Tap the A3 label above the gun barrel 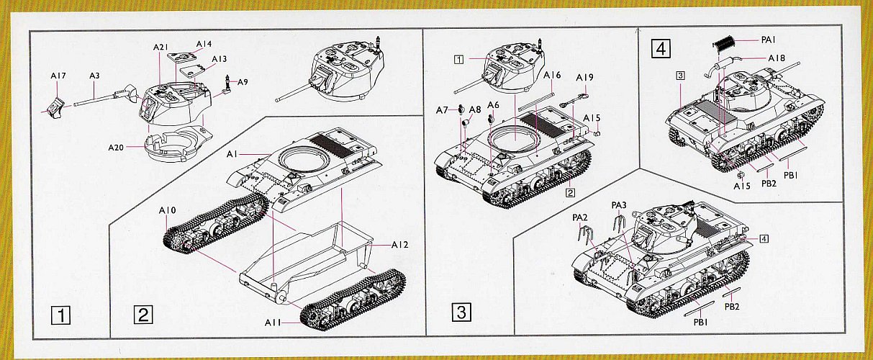point(94,75)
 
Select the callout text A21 point(160,48)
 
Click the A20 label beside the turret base point(116,148)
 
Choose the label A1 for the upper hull point(232,154)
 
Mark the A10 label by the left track point(167,210)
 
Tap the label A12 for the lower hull point(401,246)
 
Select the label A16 point(553,75)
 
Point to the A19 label point(584,77)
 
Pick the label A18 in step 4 point(777,58)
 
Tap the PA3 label point(619,205)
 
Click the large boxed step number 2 point(143,315)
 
